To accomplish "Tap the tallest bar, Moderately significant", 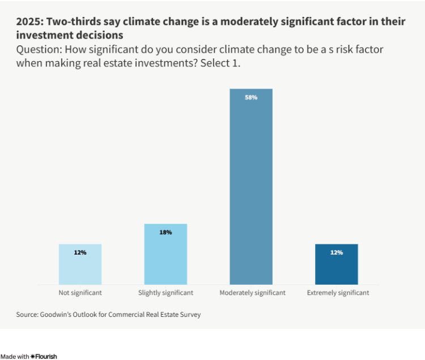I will [251, 187].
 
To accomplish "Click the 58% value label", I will [251, 98].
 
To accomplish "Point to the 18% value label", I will [165, 232].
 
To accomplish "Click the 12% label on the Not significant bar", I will [80, 252].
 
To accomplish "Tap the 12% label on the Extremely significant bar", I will [337, 252].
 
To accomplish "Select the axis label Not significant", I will [80, 293].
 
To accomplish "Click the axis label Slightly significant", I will [165, 293].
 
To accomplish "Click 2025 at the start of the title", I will [28, 22].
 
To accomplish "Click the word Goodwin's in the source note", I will [55, 314].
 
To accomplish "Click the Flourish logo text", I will [46, 356].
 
